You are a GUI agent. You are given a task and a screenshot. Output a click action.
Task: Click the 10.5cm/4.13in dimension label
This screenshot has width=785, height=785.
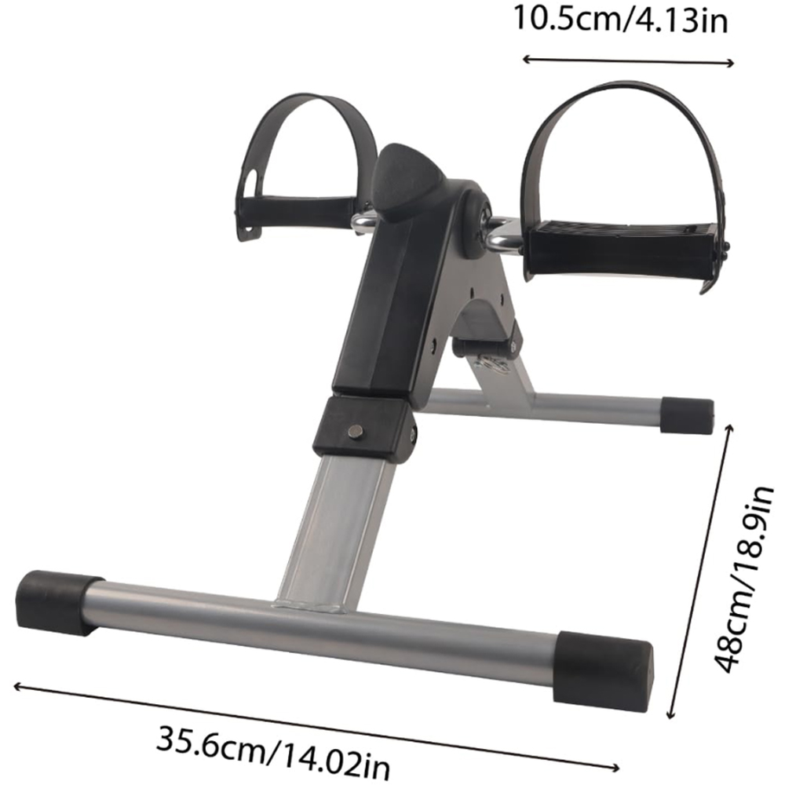coord(620,20)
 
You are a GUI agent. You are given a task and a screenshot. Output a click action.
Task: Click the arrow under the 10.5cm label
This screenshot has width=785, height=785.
coord(628,61)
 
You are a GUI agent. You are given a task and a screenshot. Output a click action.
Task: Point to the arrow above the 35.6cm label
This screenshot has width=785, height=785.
coord(316,726)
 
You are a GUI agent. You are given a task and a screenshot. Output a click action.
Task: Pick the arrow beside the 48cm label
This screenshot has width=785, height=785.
coord(700,571)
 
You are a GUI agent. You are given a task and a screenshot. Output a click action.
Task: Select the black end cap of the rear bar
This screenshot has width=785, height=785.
coord(686,415)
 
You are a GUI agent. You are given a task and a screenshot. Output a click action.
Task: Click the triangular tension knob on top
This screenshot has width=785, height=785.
coord(407,181)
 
